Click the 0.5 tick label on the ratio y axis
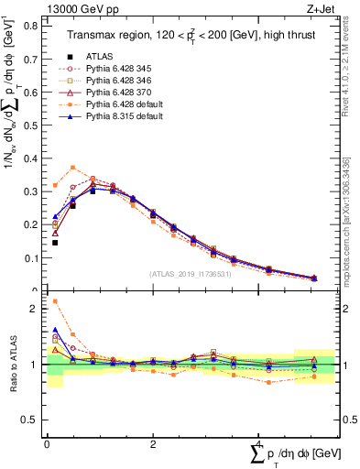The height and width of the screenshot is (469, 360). [31, 420]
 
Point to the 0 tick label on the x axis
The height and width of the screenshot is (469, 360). [47, 443]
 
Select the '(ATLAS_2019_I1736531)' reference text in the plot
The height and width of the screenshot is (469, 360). [188, 273]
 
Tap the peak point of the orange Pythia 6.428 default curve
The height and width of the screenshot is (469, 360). [73, 168]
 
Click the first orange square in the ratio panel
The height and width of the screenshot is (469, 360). [55, 300]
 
